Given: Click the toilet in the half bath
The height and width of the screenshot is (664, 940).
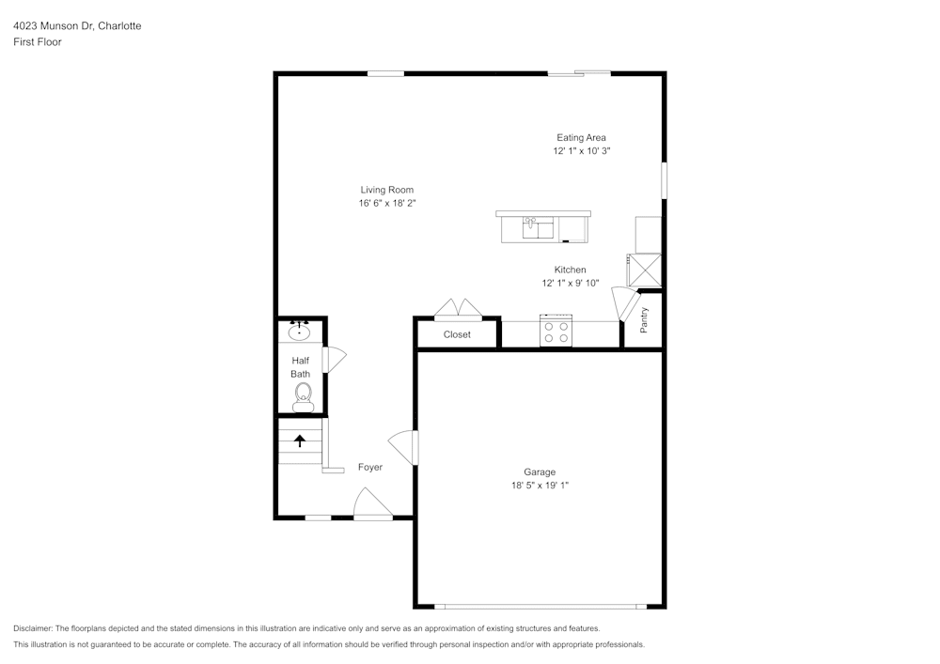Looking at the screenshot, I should (303, 399).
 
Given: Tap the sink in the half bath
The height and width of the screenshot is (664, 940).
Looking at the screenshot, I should (301, 331).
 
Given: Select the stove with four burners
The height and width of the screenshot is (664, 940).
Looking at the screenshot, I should (556, 332).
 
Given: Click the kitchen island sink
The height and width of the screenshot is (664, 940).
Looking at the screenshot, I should (539, 227).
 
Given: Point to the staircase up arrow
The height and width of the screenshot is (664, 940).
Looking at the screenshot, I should (301, 440).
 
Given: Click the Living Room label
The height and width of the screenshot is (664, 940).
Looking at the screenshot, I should (386, 190).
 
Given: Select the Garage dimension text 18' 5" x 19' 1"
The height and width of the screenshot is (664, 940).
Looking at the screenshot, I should (540, 486).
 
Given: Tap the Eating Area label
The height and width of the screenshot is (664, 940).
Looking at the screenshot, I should (581, 137).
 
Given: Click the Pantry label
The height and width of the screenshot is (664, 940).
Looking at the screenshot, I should (644, 320).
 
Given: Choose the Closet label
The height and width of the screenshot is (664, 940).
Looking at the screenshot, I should (457, 334).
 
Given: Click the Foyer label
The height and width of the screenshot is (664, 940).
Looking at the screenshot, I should (370, 467).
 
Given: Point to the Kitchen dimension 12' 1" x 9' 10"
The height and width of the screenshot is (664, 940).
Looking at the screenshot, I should (570, 283).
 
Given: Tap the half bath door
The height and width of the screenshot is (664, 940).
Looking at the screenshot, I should (335, 360).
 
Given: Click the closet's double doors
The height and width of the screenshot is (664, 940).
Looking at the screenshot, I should (458, 310).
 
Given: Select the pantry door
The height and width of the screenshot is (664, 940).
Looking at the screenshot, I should (622, 304).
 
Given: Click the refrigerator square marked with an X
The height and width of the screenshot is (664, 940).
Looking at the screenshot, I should (647, 270).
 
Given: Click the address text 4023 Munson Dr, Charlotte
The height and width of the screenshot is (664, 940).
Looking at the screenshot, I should (77, 26).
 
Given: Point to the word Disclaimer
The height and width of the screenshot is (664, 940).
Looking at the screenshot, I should (34, 628).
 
